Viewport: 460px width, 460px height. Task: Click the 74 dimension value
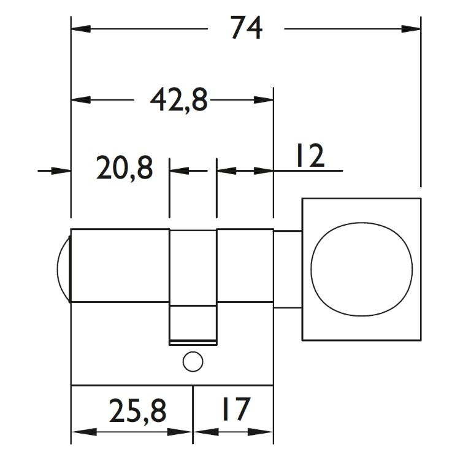click(246, 28)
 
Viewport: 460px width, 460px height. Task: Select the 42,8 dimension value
click(178, 99)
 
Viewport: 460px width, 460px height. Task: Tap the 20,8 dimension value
click(125, 169)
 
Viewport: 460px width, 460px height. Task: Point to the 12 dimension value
click(310, 156)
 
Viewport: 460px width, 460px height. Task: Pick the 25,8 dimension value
click(137, 410)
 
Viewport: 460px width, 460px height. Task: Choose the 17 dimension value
click(236, 408)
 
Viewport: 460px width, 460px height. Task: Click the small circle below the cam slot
click(193, 361)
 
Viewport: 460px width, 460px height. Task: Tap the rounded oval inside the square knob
click(361, 269)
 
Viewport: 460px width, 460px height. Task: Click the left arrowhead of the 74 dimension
click(81, 29)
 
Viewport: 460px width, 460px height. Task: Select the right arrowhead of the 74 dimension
click(411, 29)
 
